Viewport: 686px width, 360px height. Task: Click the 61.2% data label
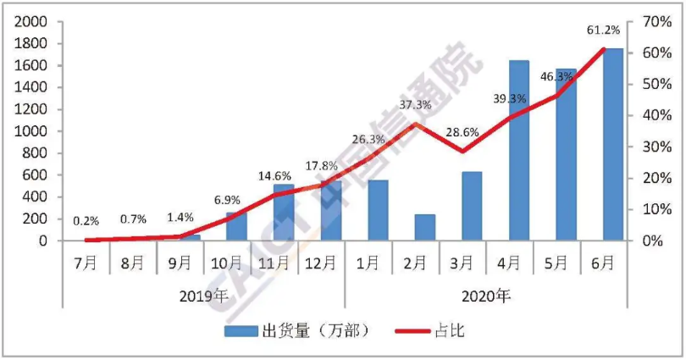[x=603, y=30]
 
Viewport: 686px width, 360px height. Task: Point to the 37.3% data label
[x=415, y=105]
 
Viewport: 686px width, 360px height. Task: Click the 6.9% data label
[x=227, y=201]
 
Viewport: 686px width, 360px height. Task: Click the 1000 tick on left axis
[x=30, y=131]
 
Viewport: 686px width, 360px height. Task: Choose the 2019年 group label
[x=203, y=296]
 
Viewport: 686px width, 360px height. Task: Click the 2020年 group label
[x=487, y=296]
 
